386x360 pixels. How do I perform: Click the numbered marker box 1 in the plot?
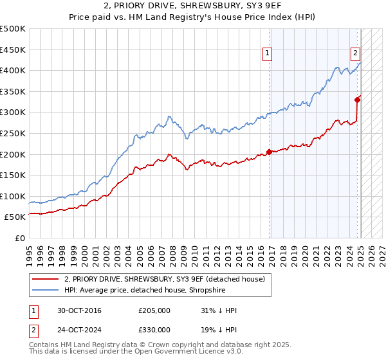(267, 54)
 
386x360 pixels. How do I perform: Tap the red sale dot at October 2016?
(269, 152)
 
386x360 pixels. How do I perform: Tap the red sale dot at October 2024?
(357, 99)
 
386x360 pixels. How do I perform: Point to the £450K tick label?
(13, 50)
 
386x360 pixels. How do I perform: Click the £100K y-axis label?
(13, 196)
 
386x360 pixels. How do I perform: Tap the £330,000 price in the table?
(154, 329)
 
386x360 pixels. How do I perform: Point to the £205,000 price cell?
(154, 310)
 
